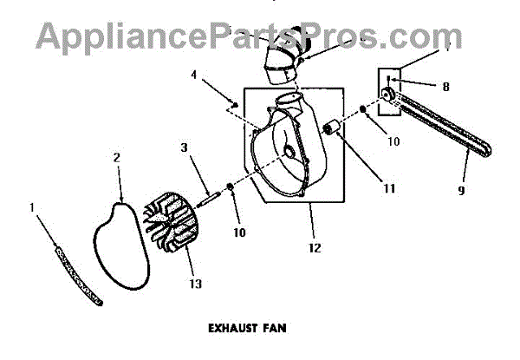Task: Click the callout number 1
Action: pos(34,208)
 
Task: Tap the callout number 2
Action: pos(117,158)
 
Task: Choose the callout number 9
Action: pos(462,190)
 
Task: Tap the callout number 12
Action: pos(314,248)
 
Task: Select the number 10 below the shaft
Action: pos(238,232)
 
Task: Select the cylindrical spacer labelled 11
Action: pos(331,131)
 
